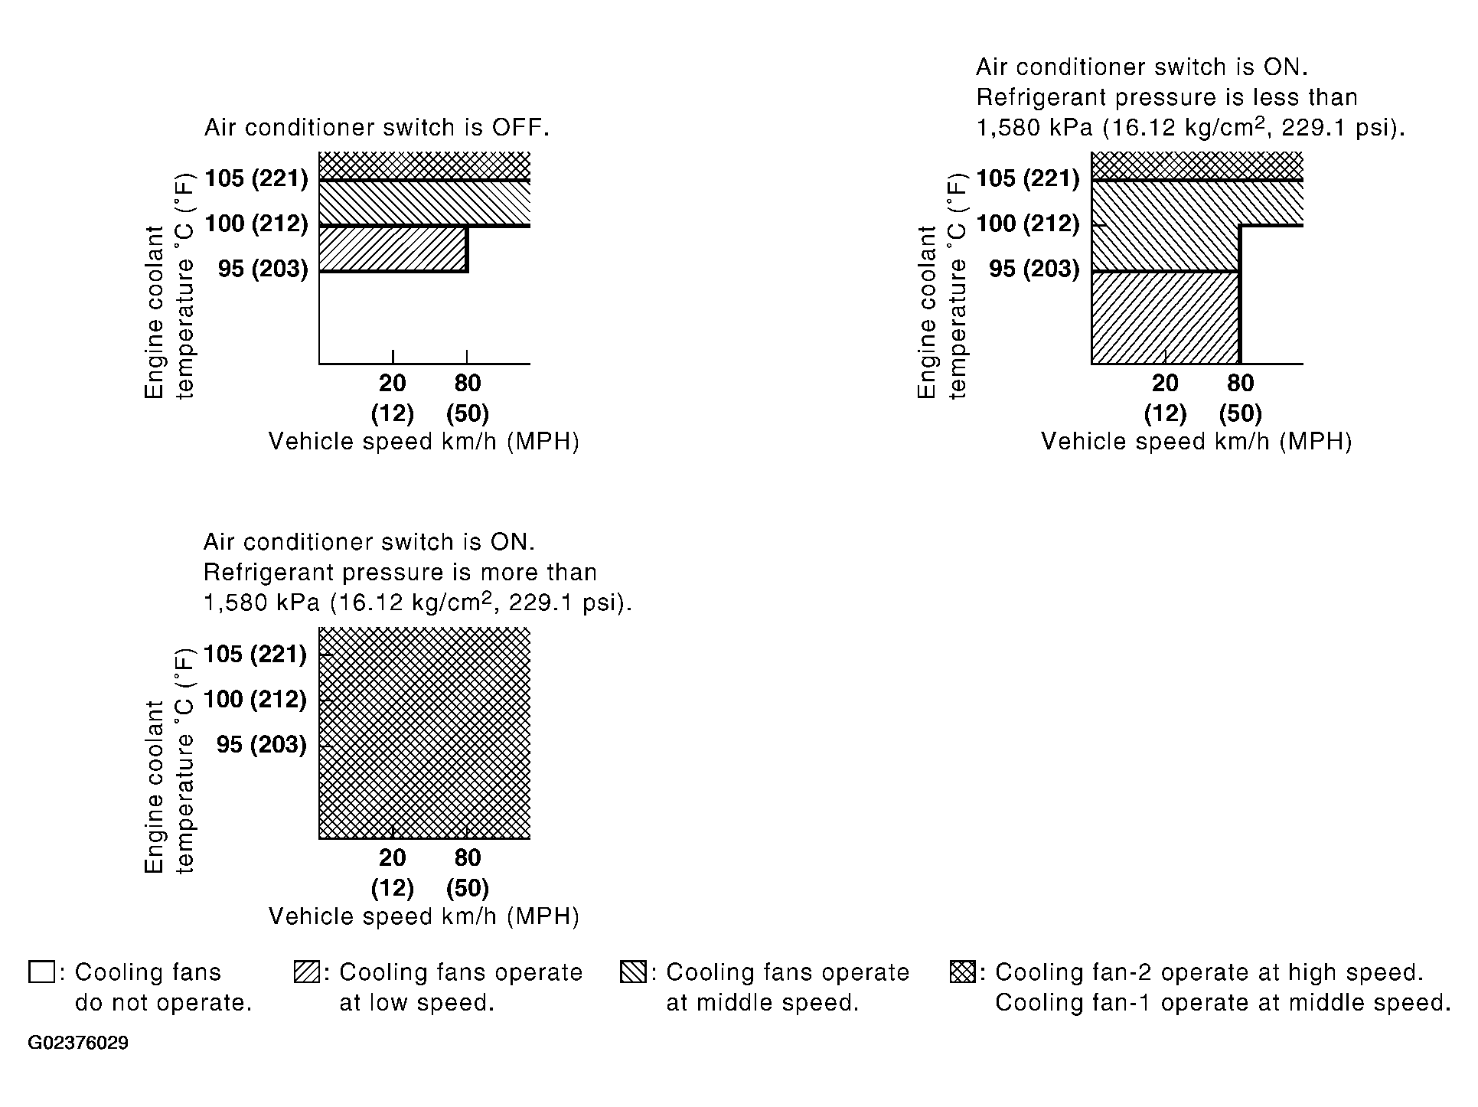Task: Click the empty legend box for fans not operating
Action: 41,972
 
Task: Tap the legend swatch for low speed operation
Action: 306,972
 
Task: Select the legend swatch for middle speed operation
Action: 633,972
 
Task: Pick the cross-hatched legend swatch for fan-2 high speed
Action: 962,972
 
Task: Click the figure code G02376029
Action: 78,1043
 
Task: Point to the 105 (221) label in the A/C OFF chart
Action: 256,178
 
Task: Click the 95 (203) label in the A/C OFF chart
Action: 263,269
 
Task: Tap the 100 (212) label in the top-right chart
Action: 1028,224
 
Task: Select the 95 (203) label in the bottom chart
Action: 261,744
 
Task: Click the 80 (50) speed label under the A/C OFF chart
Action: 468,398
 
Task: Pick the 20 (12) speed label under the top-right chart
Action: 1165,398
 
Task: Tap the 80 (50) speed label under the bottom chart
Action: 468,873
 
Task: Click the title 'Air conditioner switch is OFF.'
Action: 377,128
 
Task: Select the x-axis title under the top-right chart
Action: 1196,442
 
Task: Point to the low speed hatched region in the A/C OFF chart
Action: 392,249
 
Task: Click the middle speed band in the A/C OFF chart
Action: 424,203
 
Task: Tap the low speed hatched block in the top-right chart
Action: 1165,317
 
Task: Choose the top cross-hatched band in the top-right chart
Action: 1196,165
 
